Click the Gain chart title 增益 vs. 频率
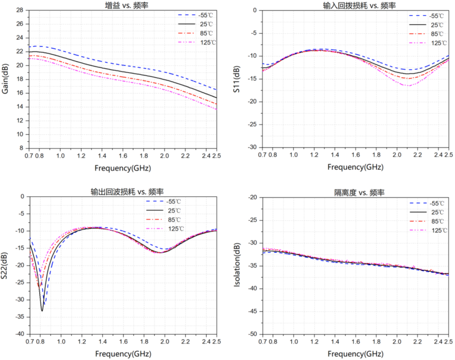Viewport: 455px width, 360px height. [x=122, y=5]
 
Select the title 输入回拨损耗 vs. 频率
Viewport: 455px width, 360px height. [x=356, y=5]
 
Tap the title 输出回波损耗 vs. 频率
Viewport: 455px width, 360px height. [x=123, y=192]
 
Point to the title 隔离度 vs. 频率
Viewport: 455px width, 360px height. [x=356, y=192]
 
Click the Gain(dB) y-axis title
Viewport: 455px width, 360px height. [x=5, y=79]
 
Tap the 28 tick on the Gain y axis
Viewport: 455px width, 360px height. [x=20, y=10]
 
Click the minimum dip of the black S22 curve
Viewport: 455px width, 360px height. [x=42, y=311]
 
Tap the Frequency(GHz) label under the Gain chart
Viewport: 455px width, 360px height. [x=122, y=168]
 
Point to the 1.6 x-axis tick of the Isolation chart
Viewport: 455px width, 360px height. [x=356, y=341]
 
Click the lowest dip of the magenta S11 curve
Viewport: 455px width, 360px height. [x=407, y=85]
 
